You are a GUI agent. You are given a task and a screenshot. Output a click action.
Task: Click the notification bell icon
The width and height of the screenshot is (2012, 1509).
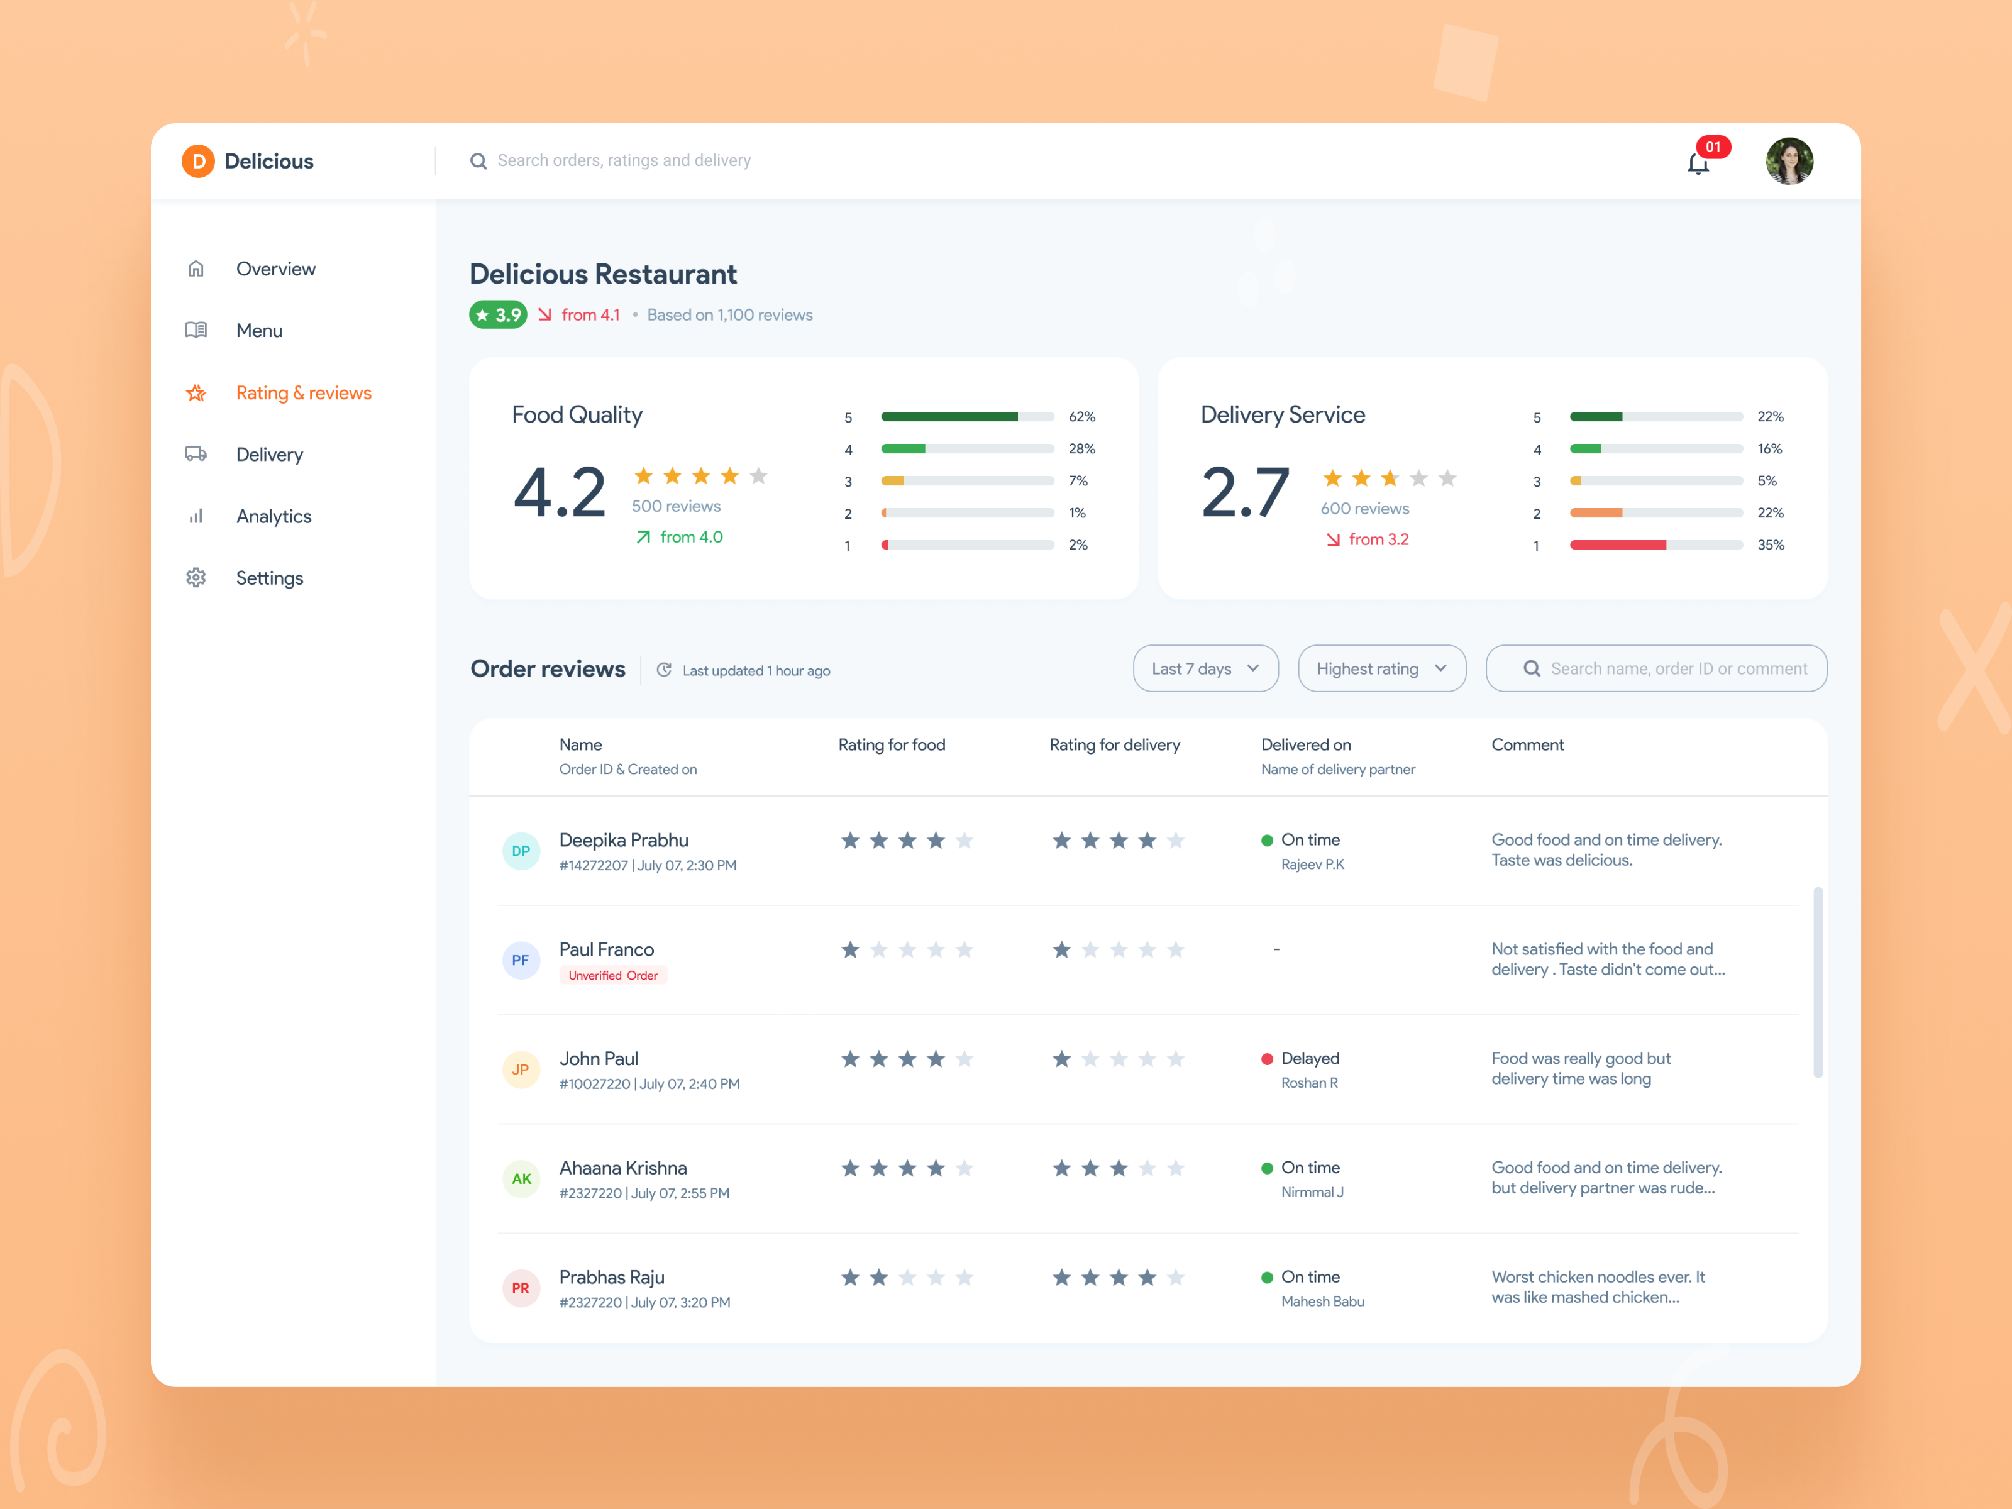click(x=1697, y=163)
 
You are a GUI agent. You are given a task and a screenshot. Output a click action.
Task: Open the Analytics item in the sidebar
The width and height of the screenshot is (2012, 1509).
click(x=273, y=517)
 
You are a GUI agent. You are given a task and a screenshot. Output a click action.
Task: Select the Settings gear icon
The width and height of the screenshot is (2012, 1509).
click(x=196, y=578)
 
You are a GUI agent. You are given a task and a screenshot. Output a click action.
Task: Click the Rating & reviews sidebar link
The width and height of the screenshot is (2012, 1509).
click(x=303, y=393)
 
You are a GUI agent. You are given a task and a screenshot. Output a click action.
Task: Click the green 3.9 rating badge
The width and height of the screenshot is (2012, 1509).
click(x=497, y=315)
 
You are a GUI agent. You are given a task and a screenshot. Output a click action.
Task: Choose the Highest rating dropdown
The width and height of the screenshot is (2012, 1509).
click(x=1380, y=668)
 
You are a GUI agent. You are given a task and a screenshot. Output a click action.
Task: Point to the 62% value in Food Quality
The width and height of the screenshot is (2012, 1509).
click(x=1081, y=417)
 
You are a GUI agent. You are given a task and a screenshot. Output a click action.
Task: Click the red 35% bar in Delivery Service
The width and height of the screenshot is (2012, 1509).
click(x=1617, y=545)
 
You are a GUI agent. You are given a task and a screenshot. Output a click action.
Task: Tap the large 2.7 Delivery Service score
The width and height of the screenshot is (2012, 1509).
click(x=1244, y=493)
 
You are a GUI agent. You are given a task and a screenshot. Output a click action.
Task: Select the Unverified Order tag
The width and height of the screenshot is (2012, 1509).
click(x=612, y=975)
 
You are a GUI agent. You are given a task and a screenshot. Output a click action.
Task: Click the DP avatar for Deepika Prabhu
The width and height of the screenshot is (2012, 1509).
click(x=520, y=851)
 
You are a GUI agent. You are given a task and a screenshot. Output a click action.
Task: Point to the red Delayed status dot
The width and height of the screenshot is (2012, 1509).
click(x=1266, y=1059)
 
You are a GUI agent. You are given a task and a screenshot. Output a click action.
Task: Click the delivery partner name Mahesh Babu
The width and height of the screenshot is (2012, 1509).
click(x=1322, y=1302)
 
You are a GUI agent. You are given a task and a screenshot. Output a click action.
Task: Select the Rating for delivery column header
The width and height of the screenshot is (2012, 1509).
click(x=1114, y=745)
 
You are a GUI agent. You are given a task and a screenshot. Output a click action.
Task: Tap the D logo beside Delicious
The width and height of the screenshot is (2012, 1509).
click(x=197, y=161)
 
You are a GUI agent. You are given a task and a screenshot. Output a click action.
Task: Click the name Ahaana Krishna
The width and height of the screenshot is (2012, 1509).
click(x=622, y=1168)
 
